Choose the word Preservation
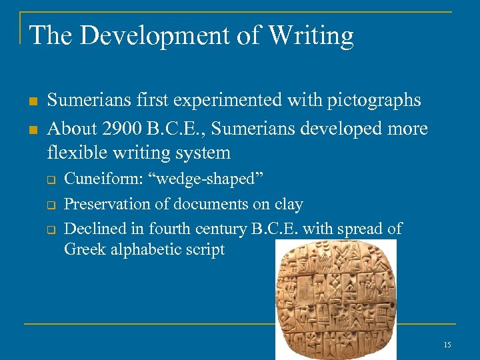108,204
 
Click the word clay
289,204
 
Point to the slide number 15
447,345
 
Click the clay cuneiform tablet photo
336,300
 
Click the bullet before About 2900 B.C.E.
32,128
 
